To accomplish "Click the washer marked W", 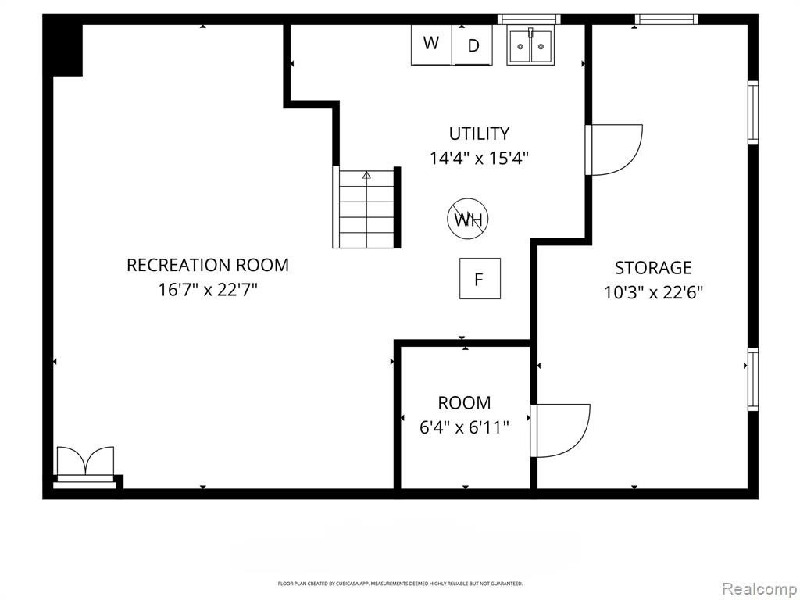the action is tap(431, 45).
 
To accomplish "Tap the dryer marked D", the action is tap(473, 45).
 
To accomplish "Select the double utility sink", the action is tap(530, 46).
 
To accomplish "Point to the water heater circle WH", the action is tap(468, 219).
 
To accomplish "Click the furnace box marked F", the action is tap(480, 279).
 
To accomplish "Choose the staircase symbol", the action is tap(366, 209).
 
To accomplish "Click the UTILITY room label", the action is tap(479, 134).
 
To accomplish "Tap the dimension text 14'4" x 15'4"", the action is tap(479, 158).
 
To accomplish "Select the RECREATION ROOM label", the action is tap(208, 266).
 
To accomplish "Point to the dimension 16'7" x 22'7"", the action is tap(208, 290).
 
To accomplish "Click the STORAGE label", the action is tap(653, 268).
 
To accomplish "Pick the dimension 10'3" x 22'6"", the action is tap(654, 293).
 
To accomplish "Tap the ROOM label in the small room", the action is tap(464, 403).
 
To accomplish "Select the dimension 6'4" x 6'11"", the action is tap(464, 427).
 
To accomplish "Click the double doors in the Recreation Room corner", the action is tap(85, 464).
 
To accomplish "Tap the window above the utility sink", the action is tap(529, 20).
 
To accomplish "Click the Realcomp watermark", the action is tap(759, 588).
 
